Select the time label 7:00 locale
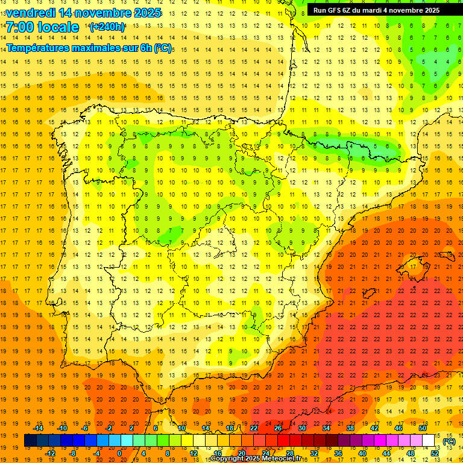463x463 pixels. [x=42, y=27]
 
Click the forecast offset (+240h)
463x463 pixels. [x=107, y=27]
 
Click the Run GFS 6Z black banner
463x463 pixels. [x=376, y=10]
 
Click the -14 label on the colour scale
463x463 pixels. [x=38, y=428]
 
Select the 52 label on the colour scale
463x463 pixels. [x=435, y=453]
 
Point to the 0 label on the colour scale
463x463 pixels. [x=119, y=453]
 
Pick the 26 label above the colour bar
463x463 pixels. [x=278, y=428]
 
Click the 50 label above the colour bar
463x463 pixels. [x=423, y=428]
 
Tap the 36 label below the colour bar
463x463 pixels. [x=338, y=453]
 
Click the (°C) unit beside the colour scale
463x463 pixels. [x=449, y=441]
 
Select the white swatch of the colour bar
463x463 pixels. [x=429, y=441]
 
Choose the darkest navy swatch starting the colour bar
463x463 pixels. [x=30, y=441]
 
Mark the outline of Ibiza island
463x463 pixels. [x=368, y=294]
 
